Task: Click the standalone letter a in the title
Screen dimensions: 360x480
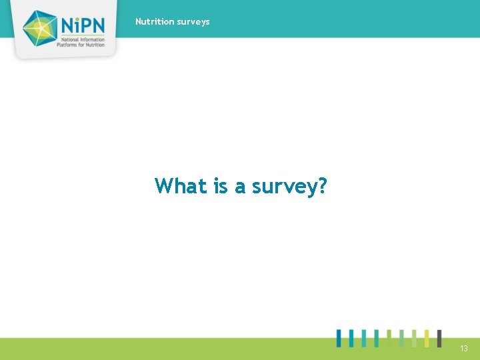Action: coord(240,187)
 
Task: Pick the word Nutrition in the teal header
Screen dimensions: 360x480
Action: coord(155,21)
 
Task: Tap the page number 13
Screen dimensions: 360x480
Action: coord(463,349)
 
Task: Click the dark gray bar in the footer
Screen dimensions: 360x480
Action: coord(439,338)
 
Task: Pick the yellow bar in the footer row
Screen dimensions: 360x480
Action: coord(426,338)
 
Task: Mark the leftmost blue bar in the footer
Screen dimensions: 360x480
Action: coord(339,338)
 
